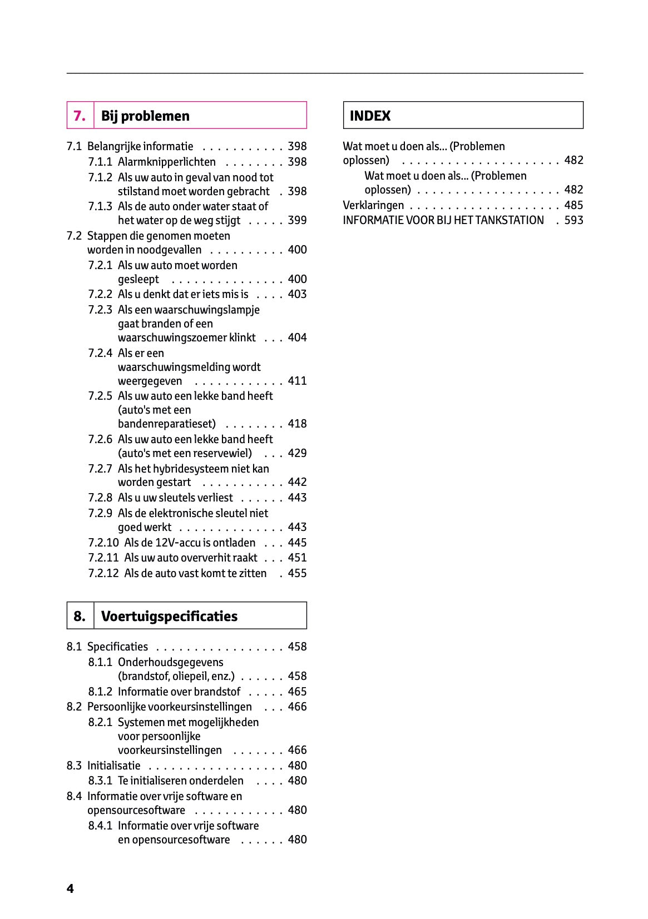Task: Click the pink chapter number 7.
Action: (x=80, y=116)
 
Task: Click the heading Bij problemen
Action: (x=145, y=116)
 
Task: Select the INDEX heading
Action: (x=370, y=116)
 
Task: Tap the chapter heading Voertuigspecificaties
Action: (x=169, y=616)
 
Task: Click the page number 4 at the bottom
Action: (x=70, y=888)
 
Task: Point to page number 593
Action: (x=573, y=220)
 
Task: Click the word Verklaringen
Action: (x=373, y=205)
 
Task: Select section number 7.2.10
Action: (x=103, y=543)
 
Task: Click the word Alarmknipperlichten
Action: (x=166, y=162)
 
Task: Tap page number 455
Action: (x=297, y=573)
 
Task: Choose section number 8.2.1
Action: (x=100, y=722)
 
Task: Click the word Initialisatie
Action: (x=113, y=766)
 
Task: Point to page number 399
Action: (x=297, y=220)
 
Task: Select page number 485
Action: (x=573, y=205)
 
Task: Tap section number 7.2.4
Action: (x=100, y=353)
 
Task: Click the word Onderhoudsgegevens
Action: (x=170, y=662)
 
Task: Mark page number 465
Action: (x=297, y=692)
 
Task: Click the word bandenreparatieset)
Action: (x=166, y=424)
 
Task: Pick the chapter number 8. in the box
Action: (x=80, y=616)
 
